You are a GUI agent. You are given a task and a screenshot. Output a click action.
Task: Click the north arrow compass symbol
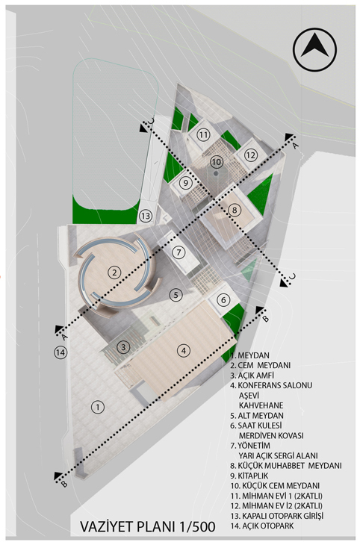[x=314, y=49]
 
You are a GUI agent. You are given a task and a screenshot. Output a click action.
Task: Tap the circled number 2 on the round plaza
[x=114, y=272]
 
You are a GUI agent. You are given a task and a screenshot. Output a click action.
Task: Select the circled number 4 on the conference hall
[x=183, y=350]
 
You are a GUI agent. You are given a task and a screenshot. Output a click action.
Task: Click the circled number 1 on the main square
[x=98, y=407]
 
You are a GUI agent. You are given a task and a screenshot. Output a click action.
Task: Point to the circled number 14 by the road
[x=60, y=352]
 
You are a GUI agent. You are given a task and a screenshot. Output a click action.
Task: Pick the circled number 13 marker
[x=146, y=216]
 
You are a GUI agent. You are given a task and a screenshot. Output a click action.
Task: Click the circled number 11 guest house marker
[x=203, y=134]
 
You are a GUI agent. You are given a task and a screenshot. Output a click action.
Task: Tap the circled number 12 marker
[x=250, y=155]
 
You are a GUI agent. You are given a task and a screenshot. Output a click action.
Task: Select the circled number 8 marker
[x=235, y=210]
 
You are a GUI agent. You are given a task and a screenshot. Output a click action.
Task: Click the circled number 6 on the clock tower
[x=223, y=299]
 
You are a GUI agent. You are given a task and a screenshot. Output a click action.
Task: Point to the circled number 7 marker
[x=179, y=252]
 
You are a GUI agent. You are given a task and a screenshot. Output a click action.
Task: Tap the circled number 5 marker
[x=176, y=295]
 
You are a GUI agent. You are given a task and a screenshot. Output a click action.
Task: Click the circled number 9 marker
[x=186, y=182]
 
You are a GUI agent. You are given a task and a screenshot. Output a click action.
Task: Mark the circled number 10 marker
[x=216, y=162]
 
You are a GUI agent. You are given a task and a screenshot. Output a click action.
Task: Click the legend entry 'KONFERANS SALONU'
[x=271, y=385]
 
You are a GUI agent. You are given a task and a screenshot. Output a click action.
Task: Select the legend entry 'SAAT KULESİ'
[x=256, y=426]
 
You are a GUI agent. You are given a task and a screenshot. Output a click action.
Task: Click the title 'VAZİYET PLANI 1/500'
[x=148, y=526]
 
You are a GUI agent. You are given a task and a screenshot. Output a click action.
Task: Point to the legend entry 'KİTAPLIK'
[x=249, y=476]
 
